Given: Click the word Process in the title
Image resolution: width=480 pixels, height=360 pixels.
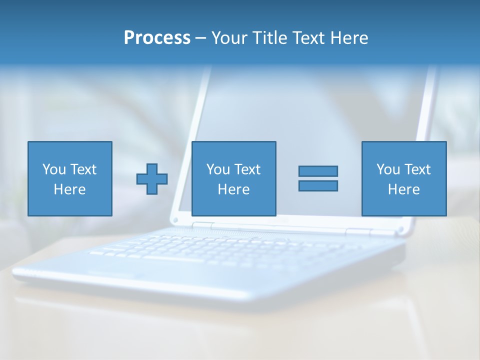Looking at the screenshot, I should pos(157,38).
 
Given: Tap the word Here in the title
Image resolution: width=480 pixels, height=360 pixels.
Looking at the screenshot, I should pos(349,38).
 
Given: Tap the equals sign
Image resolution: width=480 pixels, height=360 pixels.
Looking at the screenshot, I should pos(318,178).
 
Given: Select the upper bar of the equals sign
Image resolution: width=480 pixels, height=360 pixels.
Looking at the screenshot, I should pos(318,171).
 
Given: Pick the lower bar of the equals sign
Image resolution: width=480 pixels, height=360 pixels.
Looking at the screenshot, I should pos(318,185).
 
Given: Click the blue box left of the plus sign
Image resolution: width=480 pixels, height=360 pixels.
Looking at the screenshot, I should pos(70,178).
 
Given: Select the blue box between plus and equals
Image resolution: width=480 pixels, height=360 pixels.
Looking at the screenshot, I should pos(233,178).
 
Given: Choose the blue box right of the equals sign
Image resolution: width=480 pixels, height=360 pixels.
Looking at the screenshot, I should pos(404,178).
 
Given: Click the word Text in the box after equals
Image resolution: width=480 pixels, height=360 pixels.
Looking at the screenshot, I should pos(417,169).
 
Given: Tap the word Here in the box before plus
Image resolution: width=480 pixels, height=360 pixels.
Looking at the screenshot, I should pos(70,189).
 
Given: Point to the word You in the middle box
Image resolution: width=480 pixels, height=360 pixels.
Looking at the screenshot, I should pos(218,169).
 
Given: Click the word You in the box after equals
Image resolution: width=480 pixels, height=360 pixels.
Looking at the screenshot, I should pos(388,169).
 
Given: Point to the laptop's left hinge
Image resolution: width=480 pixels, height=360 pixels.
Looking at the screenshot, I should pos(203,226).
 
